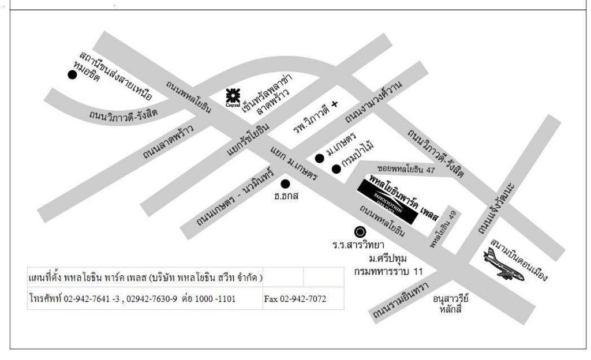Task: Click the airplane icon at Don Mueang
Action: [x=504, y=264]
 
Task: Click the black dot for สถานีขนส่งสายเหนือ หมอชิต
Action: [x=72, y=74]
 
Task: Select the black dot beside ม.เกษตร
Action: [x=319, y=158]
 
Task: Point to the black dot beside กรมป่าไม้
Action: [x=336, y=168]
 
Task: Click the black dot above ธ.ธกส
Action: [x=285, y=184]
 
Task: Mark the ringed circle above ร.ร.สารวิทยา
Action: [x=360, y=232]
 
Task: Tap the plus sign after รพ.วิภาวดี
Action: [x=334, y=104]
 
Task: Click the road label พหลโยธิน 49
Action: [x=444, y=230]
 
